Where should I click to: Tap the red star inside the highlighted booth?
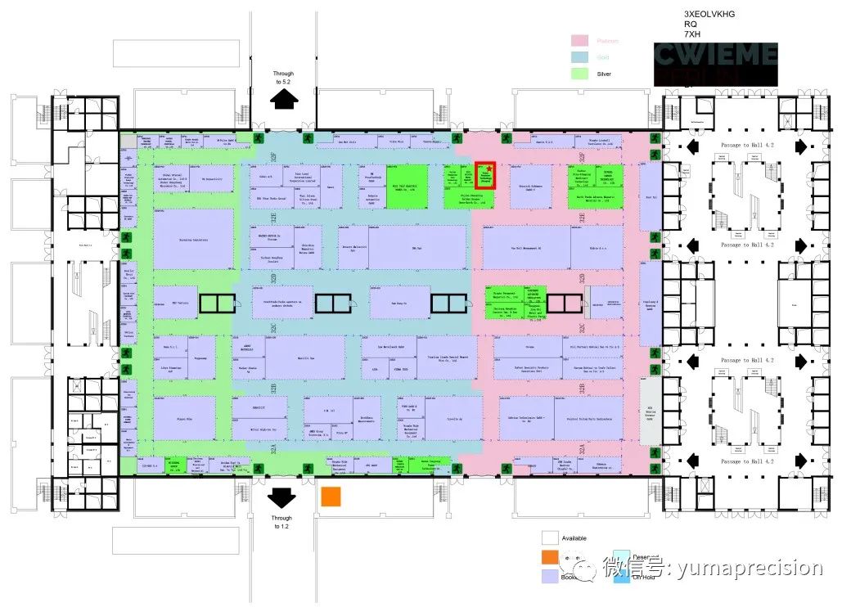[x=489, y=169]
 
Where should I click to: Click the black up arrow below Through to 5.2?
[x=284, y=99]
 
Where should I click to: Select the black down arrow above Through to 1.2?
[x=281, y=497]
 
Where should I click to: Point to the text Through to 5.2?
[x=284, y=78]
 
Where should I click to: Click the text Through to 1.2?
[x=281, y=522]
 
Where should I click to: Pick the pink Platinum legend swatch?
[x=580, y=41]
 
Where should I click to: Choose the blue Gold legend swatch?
[x=580, y=57]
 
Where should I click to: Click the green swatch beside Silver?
[x=580, y=74]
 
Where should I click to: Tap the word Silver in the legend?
[x=604, y=74]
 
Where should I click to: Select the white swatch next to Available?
[x=550, y=538]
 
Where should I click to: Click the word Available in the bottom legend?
[x=574, y=538]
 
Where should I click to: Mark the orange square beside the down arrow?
[x=331, y=497]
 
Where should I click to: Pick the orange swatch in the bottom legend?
[x=550, y=557]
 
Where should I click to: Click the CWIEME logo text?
[x=716, y=55]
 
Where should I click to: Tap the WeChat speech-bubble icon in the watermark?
[x=586, y=566]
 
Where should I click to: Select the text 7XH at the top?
[x=692, y=35]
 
